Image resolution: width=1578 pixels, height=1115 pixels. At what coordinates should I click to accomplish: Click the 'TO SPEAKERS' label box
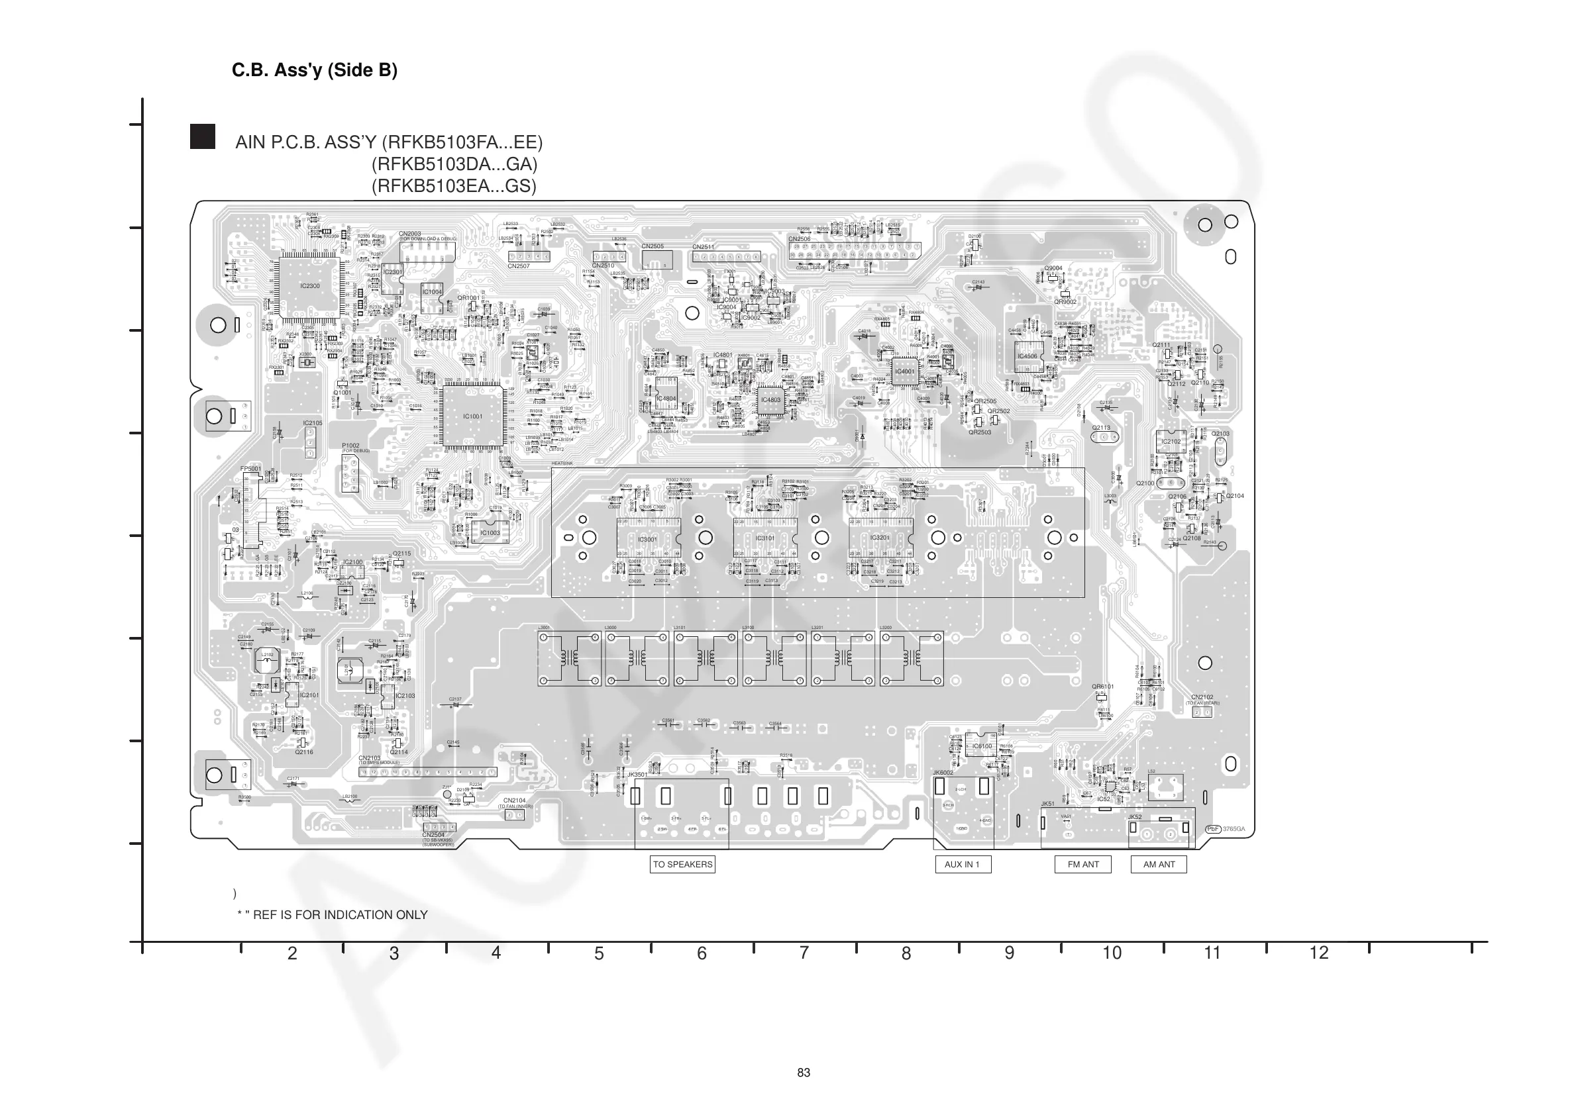click(682, 864)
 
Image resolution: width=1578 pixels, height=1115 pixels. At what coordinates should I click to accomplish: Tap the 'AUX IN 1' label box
click(962, 864)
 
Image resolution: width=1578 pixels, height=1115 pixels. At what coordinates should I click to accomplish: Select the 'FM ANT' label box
click(1082, 864)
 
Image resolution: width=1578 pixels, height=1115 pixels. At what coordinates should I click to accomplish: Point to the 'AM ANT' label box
click(1159, 864)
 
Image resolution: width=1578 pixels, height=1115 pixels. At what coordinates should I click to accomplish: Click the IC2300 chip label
click(310, 286)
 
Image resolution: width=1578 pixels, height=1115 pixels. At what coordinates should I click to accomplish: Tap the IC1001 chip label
click(473, 416)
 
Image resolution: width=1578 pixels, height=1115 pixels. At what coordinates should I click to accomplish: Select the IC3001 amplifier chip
click(647, 540)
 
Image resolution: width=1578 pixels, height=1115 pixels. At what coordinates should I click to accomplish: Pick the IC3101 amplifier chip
click(765, 538)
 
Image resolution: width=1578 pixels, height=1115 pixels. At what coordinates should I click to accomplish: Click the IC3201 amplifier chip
click(880, 538)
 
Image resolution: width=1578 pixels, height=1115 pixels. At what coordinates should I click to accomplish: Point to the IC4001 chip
click(905, 371)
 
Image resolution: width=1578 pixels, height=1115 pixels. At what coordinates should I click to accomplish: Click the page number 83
click(804, 1073)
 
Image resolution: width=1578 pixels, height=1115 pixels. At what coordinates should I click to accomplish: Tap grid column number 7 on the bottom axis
click(804, 953)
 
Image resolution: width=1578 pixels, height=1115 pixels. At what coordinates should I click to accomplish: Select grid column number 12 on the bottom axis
click(1319, 953)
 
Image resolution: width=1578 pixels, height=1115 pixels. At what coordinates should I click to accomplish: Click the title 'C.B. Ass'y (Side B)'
click(314, 70)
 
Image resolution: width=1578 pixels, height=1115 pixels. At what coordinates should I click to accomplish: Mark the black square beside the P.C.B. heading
click(203, 136)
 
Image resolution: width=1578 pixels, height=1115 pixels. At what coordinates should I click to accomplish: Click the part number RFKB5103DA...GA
click(454, 164)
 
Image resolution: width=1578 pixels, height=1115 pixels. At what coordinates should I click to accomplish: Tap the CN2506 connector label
click(800, 239)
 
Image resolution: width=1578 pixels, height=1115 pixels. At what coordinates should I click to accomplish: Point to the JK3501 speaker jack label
click(637, 774)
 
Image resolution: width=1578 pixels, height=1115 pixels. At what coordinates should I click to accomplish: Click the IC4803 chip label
click(770, 400)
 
